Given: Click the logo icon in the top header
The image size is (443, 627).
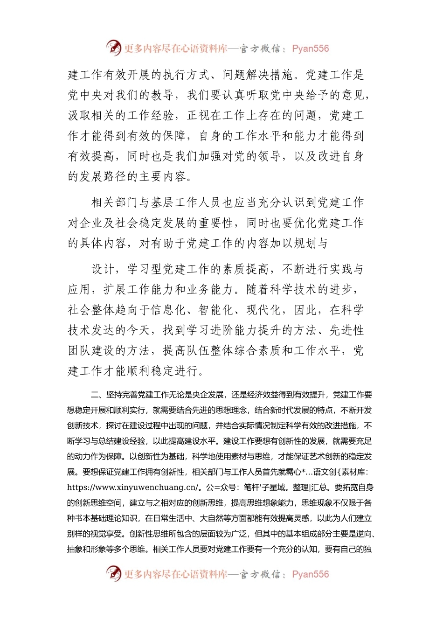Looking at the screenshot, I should [114, 48].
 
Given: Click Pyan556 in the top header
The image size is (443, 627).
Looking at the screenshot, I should [310, 49].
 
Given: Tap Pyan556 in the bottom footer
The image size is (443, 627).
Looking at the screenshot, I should [310, 574].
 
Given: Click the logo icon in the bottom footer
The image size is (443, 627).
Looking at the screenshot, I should [114, 573].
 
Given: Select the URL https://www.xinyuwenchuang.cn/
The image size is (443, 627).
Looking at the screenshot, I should [133, 488].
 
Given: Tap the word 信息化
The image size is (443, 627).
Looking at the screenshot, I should [168, 310].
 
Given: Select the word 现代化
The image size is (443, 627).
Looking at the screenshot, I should [264, 310].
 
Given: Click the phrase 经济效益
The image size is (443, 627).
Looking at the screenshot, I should [263, 395].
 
